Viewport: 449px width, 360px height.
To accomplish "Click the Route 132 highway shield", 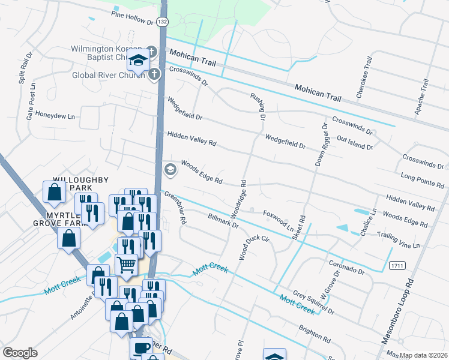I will [162, 22].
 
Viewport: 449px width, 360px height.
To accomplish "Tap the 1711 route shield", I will [396, 265].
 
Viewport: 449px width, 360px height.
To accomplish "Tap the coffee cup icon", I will [142, 348].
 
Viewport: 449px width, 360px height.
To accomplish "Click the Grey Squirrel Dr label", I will [313, 304].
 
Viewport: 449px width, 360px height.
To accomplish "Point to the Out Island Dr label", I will [355, 142].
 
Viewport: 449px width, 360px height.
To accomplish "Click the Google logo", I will [20, 352].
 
